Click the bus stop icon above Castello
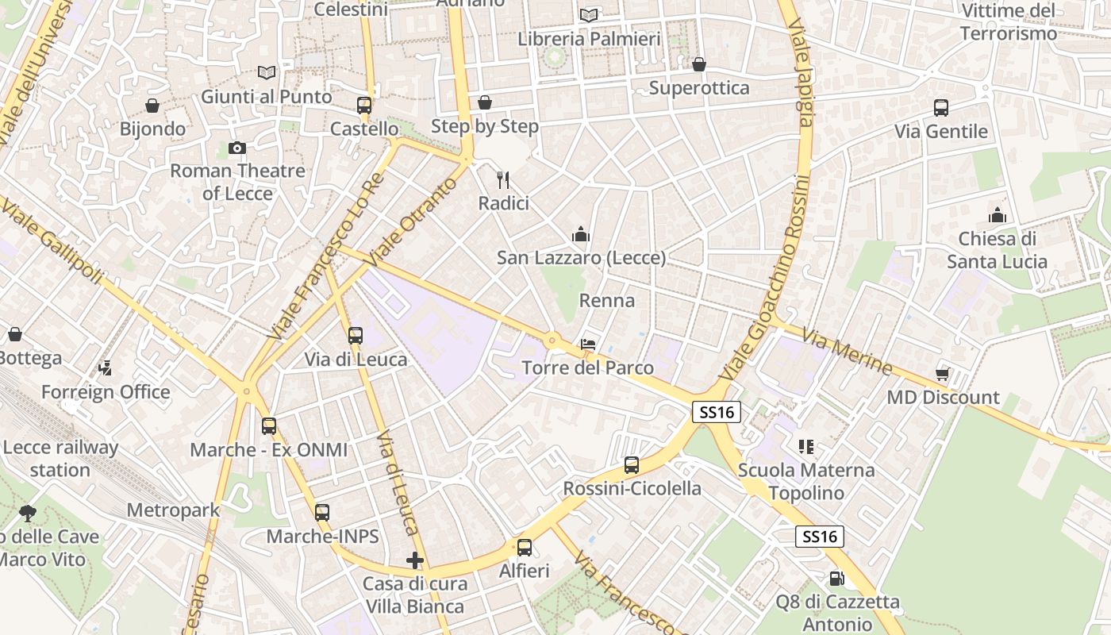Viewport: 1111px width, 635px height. [x=364, y=105]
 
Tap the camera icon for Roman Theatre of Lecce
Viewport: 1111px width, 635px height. [x=236, y=148]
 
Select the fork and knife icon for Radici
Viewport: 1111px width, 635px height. [x=502, y=179]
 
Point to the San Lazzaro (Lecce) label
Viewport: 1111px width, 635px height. [x=581, y=258]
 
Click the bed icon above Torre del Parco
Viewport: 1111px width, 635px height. [x=588, y=344]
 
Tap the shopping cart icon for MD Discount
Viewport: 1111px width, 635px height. [x=943, y=373]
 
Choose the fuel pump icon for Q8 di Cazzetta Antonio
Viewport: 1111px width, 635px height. [x=835, y=579]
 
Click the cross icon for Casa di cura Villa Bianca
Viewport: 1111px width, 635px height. [x=414, y=560]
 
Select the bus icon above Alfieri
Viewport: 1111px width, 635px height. [x=524, y=547]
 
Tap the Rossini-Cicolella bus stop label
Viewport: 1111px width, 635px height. [x=632, y=488]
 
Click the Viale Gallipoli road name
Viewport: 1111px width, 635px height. [x=52, y=241]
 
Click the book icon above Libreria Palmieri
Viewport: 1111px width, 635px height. [x=589, y=15]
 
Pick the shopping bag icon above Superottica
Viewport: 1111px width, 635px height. [x=699, y=64]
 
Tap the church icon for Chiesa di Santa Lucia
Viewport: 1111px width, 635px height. [x=998, y=215]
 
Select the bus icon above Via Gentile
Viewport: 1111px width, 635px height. [x=941, y=108]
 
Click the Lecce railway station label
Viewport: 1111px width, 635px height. [x=60, y=458]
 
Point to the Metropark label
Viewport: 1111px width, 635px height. [x=173, y=510]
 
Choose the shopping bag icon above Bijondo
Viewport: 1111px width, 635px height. [x=152, y=106]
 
